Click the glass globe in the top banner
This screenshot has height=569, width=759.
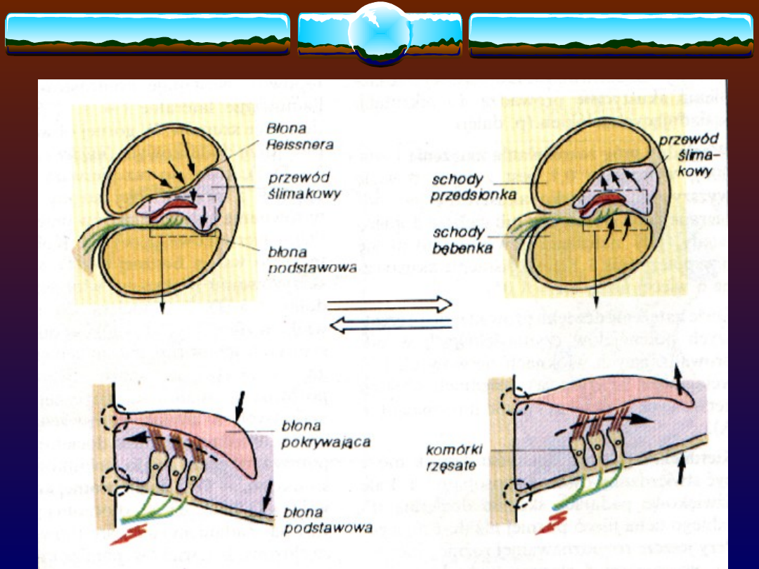click(379, 32)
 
